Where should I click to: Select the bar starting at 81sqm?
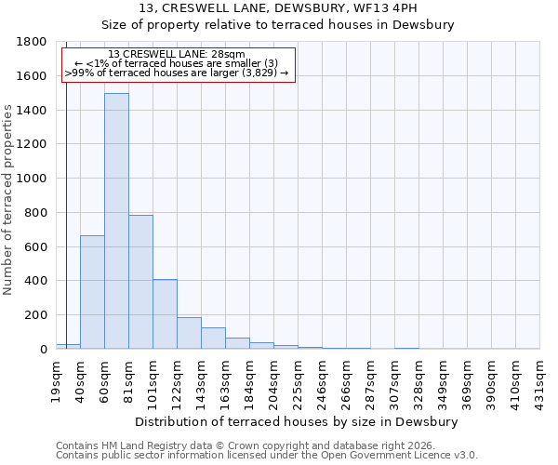click(140, 282)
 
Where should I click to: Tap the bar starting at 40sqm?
click(92, 292)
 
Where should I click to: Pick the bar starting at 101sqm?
click(165, 314)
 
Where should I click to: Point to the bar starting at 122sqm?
click(189, 333)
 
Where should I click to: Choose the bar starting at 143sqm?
click(213, 339)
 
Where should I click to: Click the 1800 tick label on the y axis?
click(33, 42)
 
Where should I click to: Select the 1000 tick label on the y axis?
click(33, 179)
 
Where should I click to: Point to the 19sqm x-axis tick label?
click(56, 380)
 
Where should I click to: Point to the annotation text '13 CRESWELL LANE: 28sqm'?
click(176, 54)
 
